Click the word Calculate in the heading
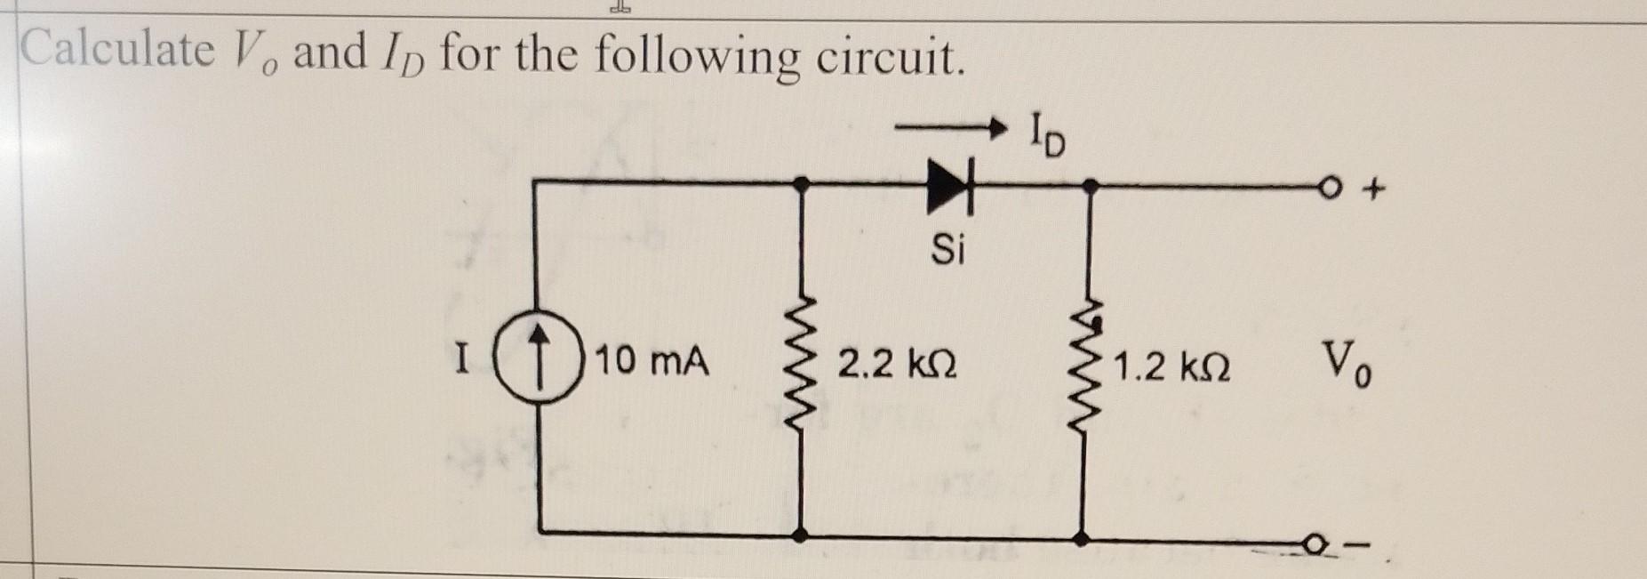116,51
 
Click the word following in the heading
694,57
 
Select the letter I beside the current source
460,364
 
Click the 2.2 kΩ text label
898,366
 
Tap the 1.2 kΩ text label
1171,367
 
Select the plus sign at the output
1376,189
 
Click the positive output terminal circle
1328,187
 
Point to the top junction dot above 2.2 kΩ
801,183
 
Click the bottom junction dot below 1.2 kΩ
1081,537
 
